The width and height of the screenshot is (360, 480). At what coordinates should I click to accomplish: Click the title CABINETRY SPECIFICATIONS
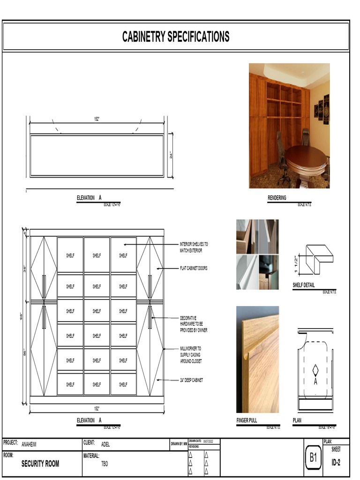pos(176,37)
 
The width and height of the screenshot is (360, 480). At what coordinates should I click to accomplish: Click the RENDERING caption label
pos(277,198)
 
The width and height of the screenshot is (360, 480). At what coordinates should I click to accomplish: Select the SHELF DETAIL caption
pos(304,285)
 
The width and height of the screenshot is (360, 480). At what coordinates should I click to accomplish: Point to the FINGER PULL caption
pos(247,420)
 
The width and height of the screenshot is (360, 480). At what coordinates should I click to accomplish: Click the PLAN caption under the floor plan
pos(297,420)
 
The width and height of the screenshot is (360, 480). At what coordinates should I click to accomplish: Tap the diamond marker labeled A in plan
pos(315,371)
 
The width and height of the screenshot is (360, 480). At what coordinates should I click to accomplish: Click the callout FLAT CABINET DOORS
pos(194,269)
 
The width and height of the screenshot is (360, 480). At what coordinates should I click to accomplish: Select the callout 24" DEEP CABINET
pos(192,380)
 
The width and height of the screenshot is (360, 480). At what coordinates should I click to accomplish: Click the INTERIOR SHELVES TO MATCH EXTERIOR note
pos(194,247)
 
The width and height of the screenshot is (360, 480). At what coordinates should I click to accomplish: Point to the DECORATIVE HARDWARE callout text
pos(194,324)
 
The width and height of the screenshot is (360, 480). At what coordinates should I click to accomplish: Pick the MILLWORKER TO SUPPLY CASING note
pos(191,355)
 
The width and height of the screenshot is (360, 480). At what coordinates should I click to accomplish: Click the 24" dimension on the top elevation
pos(171,155)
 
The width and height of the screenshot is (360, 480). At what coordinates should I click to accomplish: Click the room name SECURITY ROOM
pos(40,464)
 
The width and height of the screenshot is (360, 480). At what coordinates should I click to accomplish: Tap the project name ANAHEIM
pos(29,444)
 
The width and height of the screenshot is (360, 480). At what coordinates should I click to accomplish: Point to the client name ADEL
pos(105,444)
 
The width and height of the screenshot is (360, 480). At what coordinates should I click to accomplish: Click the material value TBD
pos(105,464)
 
